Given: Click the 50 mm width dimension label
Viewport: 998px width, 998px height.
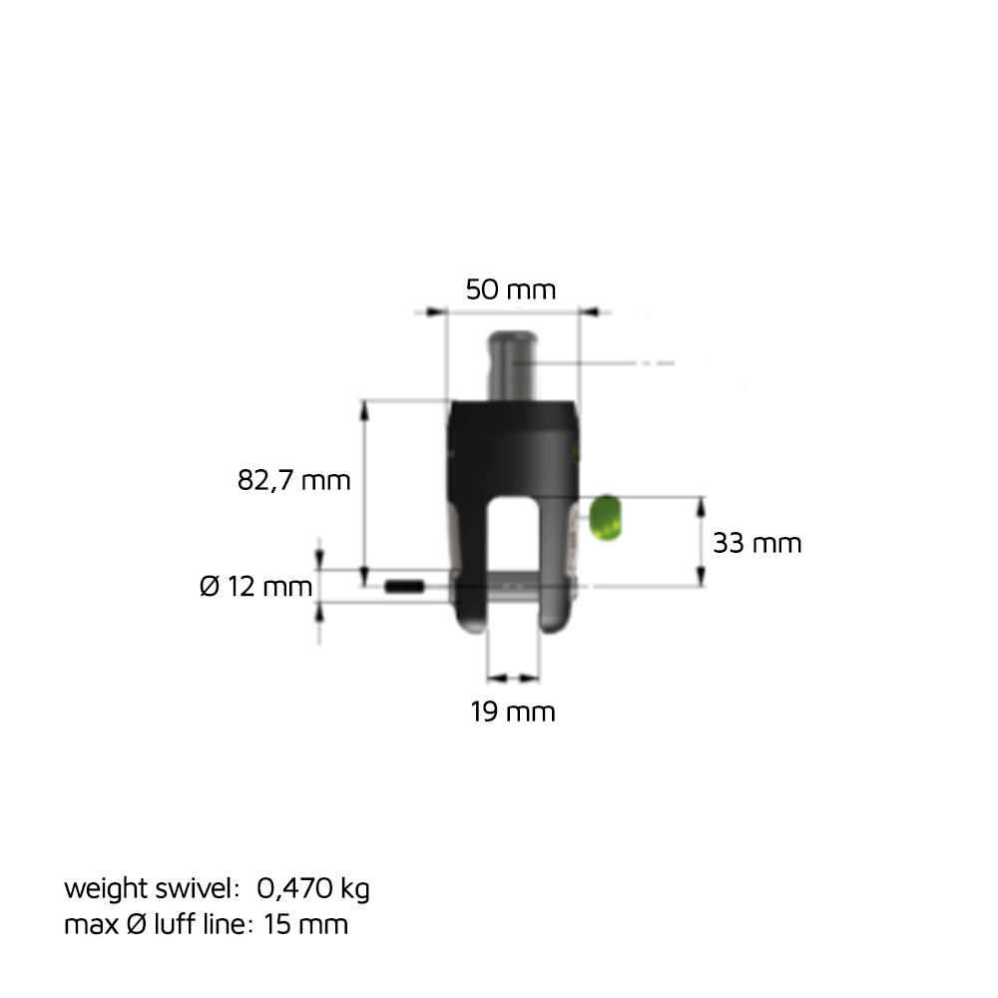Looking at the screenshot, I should (x=510, y=290).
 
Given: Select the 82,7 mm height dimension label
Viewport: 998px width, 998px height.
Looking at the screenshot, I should (x=294, y=480).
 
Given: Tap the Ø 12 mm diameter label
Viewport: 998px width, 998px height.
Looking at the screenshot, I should (x=256, y=587).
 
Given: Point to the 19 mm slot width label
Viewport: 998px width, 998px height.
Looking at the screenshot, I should (x=512, y=712).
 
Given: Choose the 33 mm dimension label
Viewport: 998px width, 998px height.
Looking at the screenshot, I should (x=756, y=543).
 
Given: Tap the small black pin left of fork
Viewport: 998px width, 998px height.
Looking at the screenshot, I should (x=405, y=586).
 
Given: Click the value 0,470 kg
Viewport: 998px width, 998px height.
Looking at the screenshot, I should (x=312, y=887).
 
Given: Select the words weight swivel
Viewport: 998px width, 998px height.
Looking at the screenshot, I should (x=151, y=887).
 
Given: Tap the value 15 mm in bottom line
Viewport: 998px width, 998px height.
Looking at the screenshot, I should (x=306, y=924).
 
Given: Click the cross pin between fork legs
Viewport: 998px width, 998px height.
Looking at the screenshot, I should (x=513, y=588).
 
